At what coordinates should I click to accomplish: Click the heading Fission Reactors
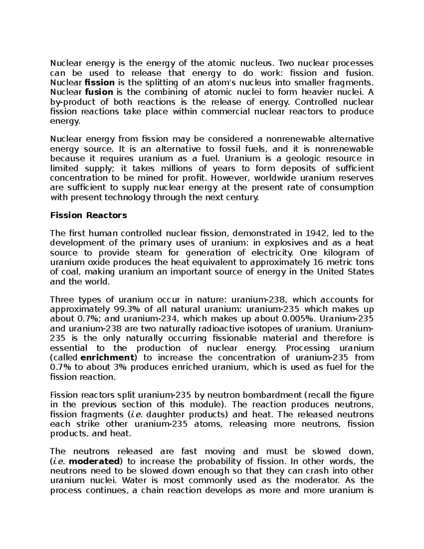tap(88, 215)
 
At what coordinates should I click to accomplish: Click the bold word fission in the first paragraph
tap(100, 83)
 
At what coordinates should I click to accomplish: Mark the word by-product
tap(73, 102)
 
